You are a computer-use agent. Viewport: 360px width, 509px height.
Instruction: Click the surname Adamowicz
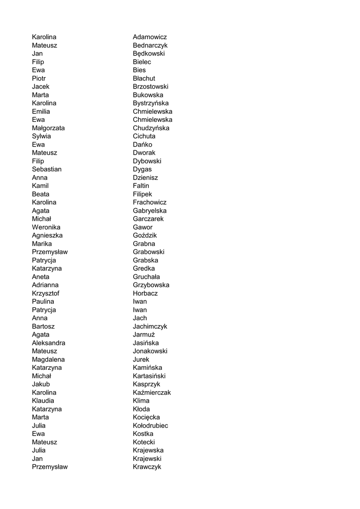coord(150,37)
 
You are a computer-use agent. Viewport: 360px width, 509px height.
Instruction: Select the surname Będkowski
coord(149,54)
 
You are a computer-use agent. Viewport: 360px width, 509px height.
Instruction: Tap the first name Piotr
coord(39,79)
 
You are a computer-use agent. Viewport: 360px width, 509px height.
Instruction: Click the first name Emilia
coord(41,112)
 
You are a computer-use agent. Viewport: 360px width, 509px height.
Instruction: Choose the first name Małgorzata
coord(48,128)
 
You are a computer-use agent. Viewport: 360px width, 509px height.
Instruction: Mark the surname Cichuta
coord(144,136)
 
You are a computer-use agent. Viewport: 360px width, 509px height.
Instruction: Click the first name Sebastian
coord(47,170)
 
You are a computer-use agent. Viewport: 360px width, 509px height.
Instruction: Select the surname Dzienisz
coord(145,177)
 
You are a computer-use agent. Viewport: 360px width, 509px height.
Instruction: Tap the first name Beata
coord(40,194)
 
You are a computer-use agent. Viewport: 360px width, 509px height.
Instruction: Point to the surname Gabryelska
coord(150,211)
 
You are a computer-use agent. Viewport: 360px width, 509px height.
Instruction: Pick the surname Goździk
coord(145,236)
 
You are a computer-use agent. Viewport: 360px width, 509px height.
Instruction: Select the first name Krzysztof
coord(46,293)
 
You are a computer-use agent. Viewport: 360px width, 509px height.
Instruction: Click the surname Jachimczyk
coord(150,327)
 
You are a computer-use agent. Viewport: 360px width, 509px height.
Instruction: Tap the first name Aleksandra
coord(48,343)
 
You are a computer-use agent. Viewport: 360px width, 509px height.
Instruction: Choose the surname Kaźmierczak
coord(152,393)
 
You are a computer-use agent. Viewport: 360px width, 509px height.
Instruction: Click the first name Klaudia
coord(43,401)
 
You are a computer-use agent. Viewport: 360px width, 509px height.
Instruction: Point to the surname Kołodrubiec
coord(150,425)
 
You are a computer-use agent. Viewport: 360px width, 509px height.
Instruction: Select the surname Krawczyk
coord(147,467)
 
